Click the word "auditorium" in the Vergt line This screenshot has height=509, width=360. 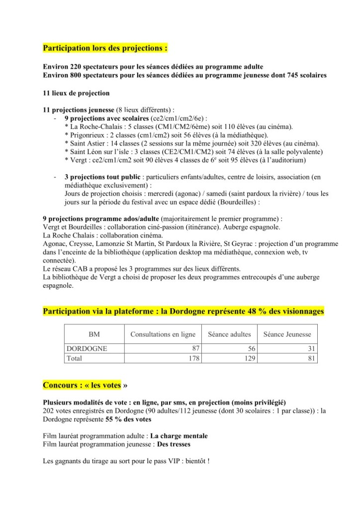point(288,160)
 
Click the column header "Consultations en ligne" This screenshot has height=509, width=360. point(163,335)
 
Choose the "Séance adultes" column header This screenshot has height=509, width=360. point(229,335)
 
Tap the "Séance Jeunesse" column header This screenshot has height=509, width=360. point(287,335)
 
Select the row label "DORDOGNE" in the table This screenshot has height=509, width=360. point(87,349)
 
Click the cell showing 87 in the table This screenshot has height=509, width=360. point(194,349)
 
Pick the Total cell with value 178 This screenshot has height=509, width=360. point(192,358)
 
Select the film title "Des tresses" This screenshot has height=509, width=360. point(174,444)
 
